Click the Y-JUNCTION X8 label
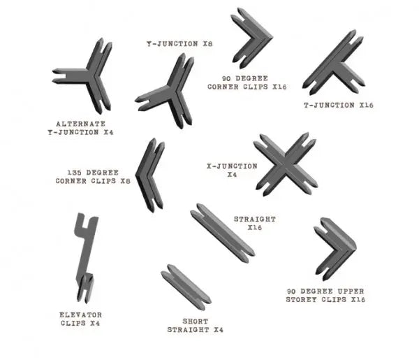[x=179, y=44]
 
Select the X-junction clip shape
[x=285, y=164]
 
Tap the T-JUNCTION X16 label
[x=338, y=105]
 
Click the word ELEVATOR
[x=81, y=315]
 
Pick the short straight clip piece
[x=186, y=287]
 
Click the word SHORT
[x=196, y=322]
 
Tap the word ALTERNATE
[x=81, y=124]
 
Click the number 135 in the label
[x=74, y=173]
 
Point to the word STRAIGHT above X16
[x=255, y=219]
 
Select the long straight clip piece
[x=222, y=233]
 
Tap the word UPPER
[x=351, y=291]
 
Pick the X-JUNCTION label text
[x=233, y=166]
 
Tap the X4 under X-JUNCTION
[x=232, y=175]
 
